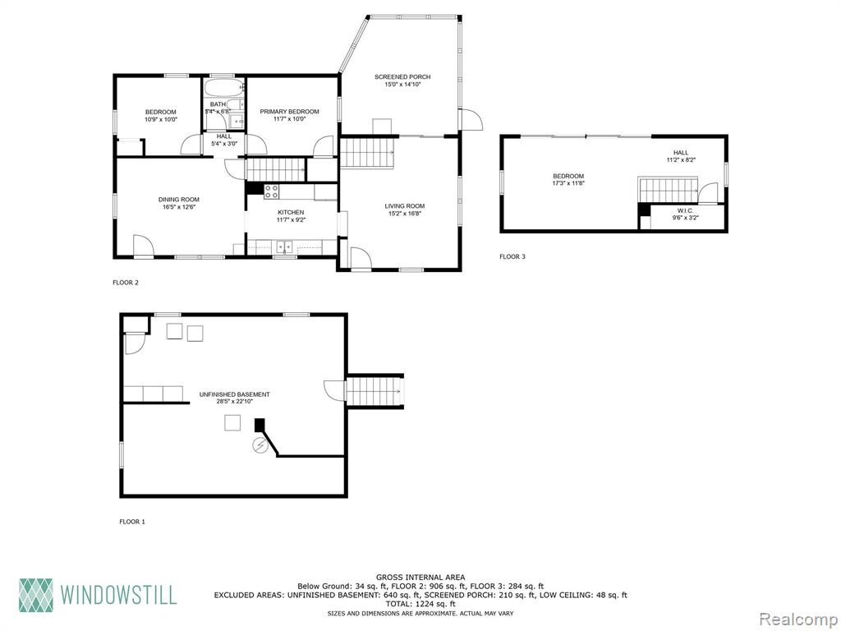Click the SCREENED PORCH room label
402,76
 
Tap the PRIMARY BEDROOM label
290,112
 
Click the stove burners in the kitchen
271,191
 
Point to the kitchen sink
284,246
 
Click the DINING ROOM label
178,200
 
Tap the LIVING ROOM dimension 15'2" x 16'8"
404,213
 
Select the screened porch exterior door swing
471,118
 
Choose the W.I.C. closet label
686,211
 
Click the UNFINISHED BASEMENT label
234,394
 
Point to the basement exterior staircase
375,391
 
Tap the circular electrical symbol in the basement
260,445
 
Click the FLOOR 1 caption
132,522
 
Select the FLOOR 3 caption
512,256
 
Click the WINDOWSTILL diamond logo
36,595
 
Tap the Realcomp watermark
798,619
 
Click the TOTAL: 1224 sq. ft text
420,604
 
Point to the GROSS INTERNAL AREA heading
420,578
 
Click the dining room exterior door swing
143,246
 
